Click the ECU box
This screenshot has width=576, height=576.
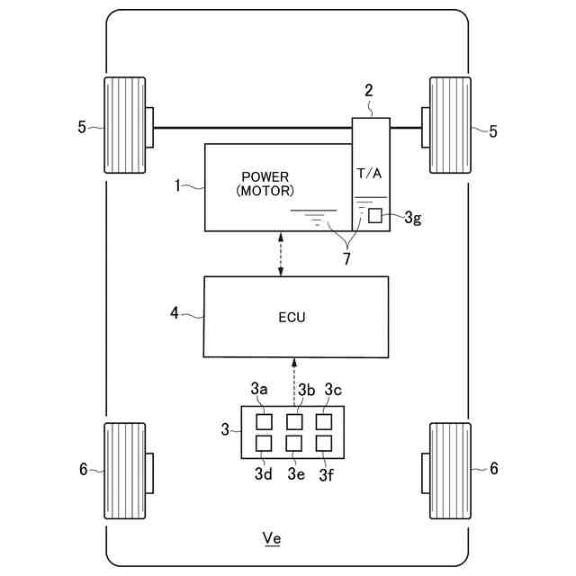click(296, 316)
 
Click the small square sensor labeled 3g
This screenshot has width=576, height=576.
click(374, 216)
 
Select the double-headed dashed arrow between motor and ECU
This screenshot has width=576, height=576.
click(282, 254)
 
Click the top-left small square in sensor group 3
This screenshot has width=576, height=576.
click(265, 421)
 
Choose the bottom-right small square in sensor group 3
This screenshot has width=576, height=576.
click(324, 443)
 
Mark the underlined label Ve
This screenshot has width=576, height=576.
click(271, 538)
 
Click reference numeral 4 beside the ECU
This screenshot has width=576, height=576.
click(174, 313)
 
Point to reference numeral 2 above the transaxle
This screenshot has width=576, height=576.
click(368, 90)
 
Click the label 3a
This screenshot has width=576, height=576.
click(260, 390)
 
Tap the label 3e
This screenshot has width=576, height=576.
click(294, 473)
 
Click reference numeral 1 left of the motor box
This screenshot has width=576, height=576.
click(178, 185)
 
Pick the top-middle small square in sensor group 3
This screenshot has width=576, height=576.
click(294, 421)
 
